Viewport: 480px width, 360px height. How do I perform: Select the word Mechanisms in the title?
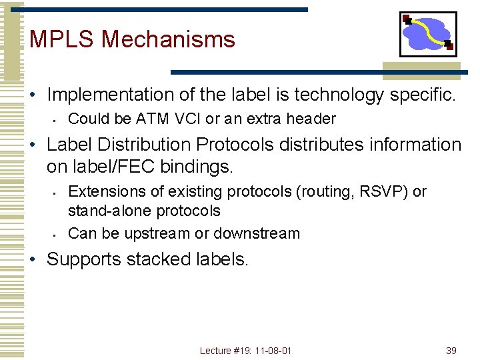click(x=168, y=39)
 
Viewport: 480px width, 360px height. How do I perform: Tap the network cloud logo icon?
click(x=428, y=34)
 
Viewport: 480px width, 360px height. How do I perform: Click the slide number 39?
click(x=451, y=351)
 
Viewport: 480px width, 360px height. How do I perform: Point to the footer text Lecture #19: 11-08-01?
click(x=245, y=351)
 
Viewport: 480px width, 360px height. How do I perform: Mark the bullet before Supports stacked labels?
click(x=34, y=259)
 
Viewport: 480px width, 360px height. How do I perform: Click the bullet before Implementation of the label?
click(x=34, y=95)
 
